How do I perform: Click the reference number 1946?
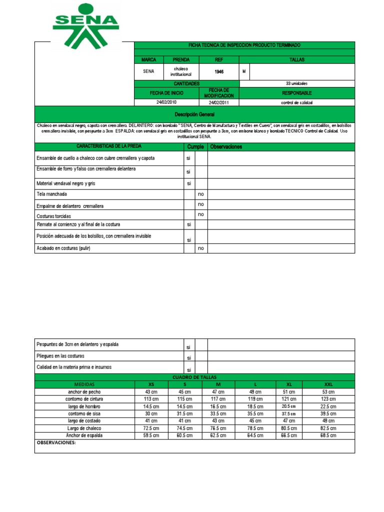(219, 71)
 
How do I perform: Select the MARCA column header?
(148, 59)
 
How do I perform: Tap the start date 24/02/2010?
(166, 102)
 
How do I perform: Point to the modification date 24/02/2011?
(218, 102)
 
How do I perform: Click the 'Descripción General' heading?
(194, 114)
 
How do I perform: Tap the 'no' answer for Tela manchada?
(201, 193)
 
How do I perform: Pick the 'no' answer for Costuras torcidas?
(201, 214)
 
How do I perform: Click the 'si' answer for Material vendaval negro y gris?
(189, 183)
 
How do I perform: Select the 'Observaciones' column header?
(226, 147)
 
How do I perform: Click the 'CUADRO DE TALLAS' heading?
(194, 376)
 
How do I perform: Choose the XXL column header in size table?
(328, 384)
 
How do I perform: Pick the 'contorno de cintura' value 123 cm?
(328, 399)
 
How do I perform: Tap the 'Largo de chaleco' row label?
(83, 428)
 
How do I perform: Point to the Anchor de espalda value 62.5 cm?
(218, 436)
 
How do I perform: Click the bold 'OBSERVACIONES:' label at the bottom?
(56, 443)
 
